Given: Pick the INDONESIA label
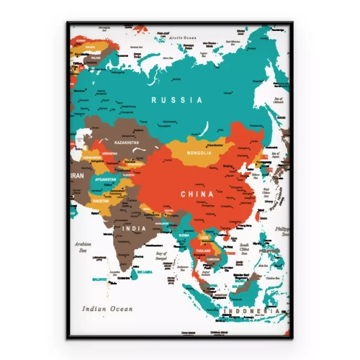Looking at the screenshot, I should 250,310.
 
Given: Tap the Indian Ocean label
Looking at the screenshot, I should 107,308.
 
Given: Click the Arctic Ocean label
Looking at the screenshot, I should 179,36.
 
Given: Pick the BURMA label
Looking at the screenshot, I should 184,235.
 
